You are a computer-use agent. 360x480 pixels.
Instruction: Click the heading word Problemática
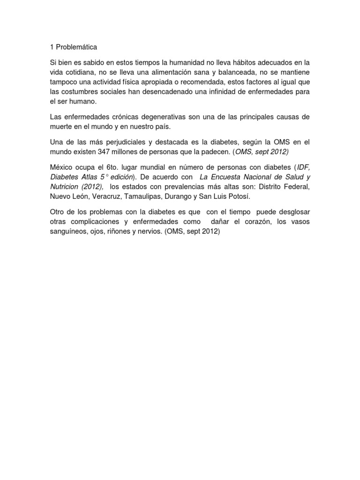click(x=77, y=47)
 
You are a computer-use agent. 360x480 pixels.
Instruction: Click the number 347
click(x=106, y=151)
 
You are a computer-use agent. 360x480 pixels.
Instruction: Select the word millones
click(x=132, y=151)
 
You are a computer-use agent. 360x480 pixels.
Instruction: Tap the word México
click(x=62, y=167)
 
